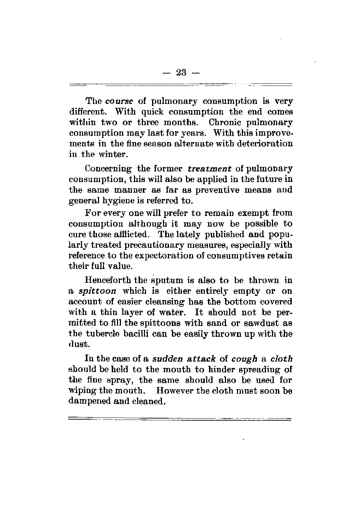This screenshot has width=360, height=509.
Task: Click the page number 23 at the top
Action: [x=180, y=73]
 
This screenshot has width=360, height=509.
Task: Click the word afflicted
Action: [x=137, y=234]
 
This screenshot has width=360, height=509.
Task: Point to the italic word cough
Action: [x=244, y=359]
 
